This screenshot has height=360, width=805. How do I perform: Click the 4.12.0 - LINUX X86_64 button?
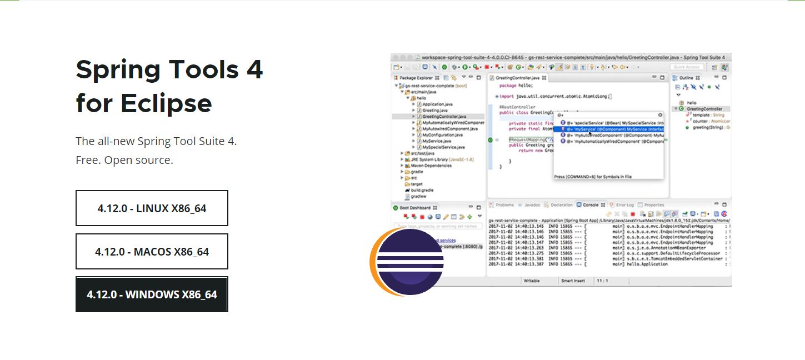pos(152,208)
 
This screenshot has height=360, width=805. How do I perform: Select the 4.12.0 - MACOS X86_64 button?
pos(152,252)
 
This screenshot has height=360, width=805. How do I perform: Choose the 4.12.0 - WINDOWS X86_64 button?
pos(152,294)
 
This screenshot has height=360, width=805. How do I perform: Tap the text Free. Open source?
pos(124,160)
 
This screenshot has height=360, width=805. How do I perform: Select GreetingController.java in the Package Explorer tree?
pos(444,117)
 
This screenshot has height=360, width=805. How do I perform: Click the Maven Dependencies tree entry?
pos(431,166)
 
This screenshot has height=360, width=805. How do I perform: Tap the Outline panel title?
pos(686,78)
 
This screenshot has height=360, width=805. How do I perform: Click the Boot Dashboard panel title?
pos(415,208)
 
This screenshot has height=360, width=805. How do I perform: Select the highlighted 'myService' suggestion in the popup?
pos(611,129)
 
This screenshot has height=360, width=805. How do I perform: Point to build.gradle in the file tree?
pos(422,190)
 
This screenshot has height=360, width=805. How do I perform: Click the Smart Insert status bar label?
pos(572,281)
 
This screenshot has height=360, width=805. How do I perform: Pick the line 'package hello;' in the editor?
pos(516,86)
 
